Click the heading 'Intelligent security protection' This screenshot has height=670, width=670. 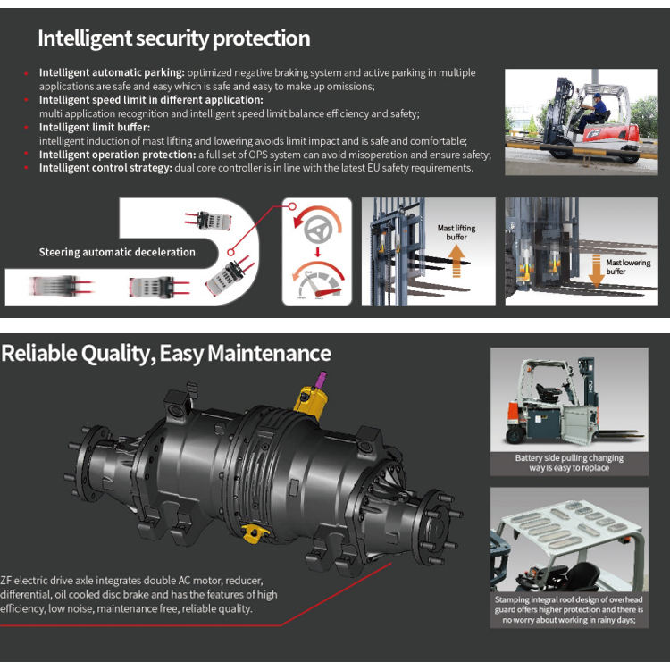tap(174, 39)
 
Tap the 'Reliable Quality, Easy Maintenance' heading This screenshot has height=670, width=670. tap(166, 355)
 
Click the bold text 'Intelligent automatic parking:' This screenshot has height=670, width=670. tap(112, 72)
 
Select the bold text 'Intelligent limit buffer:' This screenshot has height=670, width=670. tap(95, 128)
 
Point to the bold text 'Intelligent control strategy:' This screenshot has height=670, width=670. tap(105, 168)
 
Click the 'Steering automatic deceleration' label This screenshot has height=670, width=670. tap(117, 252)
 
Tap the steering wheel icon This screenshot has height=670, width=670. tap(318, 230)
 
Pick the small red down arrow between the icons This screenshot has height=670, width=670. tap(317, 252)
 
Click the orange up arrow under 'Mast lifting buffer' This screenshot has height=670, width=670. tap(456, 261)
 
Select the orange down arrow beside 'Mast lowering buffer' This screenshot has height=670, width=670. tap(596, 270)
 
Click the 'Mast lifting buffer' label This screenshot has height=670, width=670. tap(456, 232)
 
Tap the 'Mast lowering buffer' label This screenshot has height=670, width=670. tap(628, 267)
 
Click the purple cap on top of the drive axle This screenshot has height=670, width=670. tap(320, 379)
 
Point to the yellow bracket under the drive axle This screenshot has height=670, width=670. tap(255, 532)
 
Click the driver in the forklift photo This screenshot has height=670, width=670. tap(593, 112)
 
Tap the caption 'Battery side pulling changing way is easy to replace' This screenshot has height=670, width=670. tap(569, 463)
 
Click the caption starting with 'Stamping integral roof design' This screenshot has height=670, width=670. tap(569, 610)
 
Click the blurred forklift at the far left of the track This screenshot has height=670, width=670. tap(61, 286)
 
